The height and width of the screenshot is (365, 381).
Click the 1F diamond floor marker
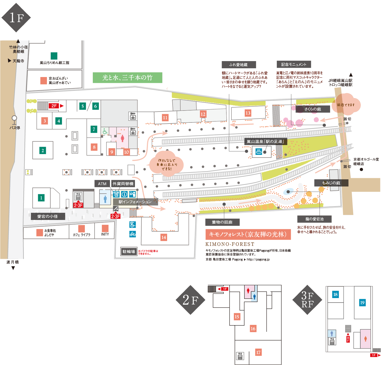16,18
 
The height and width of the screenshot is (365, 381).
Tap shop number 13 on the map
248,113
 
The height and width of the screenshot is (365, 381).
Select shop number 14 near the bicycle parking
164,237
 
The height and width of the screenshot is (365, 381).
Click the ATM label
102,184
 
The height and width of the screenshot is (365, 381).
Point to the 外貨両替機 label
123,184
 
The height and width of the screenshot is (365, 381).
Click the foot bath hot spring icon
259,152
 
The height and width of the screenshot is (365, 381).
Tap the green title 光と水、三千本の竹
128,78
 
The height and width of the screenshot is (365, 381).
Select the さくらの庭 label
313,109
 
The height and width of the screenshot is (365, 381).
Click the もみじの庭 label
331,183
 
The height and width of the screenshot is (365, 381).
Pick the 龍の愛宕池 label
314,219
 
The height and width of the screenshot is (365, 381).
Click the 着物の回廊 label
222,222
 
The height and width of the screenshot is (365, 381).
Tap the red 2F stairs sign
54,106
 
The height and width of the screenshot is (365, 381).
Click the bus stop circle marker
14,118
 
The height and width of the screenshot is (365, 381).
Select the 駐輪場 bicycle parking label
129,251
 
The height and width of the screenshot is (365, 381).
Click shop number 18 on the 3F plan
335,294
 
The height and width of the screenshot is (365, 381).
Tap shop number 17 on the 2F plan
258,353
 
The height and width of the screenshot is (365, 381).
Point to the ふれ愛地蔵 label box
239,65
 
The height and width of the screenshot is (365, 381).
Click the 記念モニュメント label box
294,65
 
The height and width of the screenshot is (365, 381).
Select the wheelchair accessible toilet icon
105,131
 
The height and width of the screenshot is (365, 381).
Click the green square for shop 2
43,151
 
